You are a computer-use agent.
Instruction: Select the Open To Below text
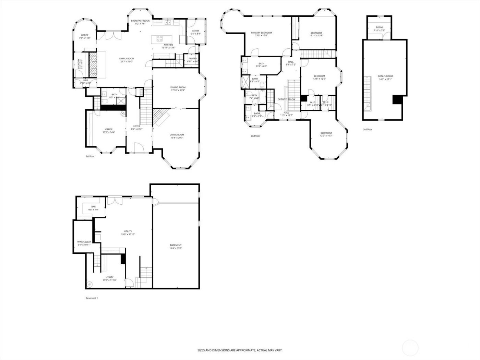[x=286, y=99]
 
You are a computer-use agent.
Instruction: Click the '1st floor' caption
[x=90, y=156]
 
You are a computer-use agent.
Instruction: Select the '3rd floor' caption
[x=367, y=130]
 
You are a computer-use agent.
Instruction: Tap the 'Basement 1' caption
[x=92, y=298]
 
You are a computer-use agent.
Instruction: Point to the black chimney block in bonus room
[x=397, y=99]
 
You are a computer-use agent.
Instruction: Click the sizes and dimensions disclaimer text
[x=240, y=350]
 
